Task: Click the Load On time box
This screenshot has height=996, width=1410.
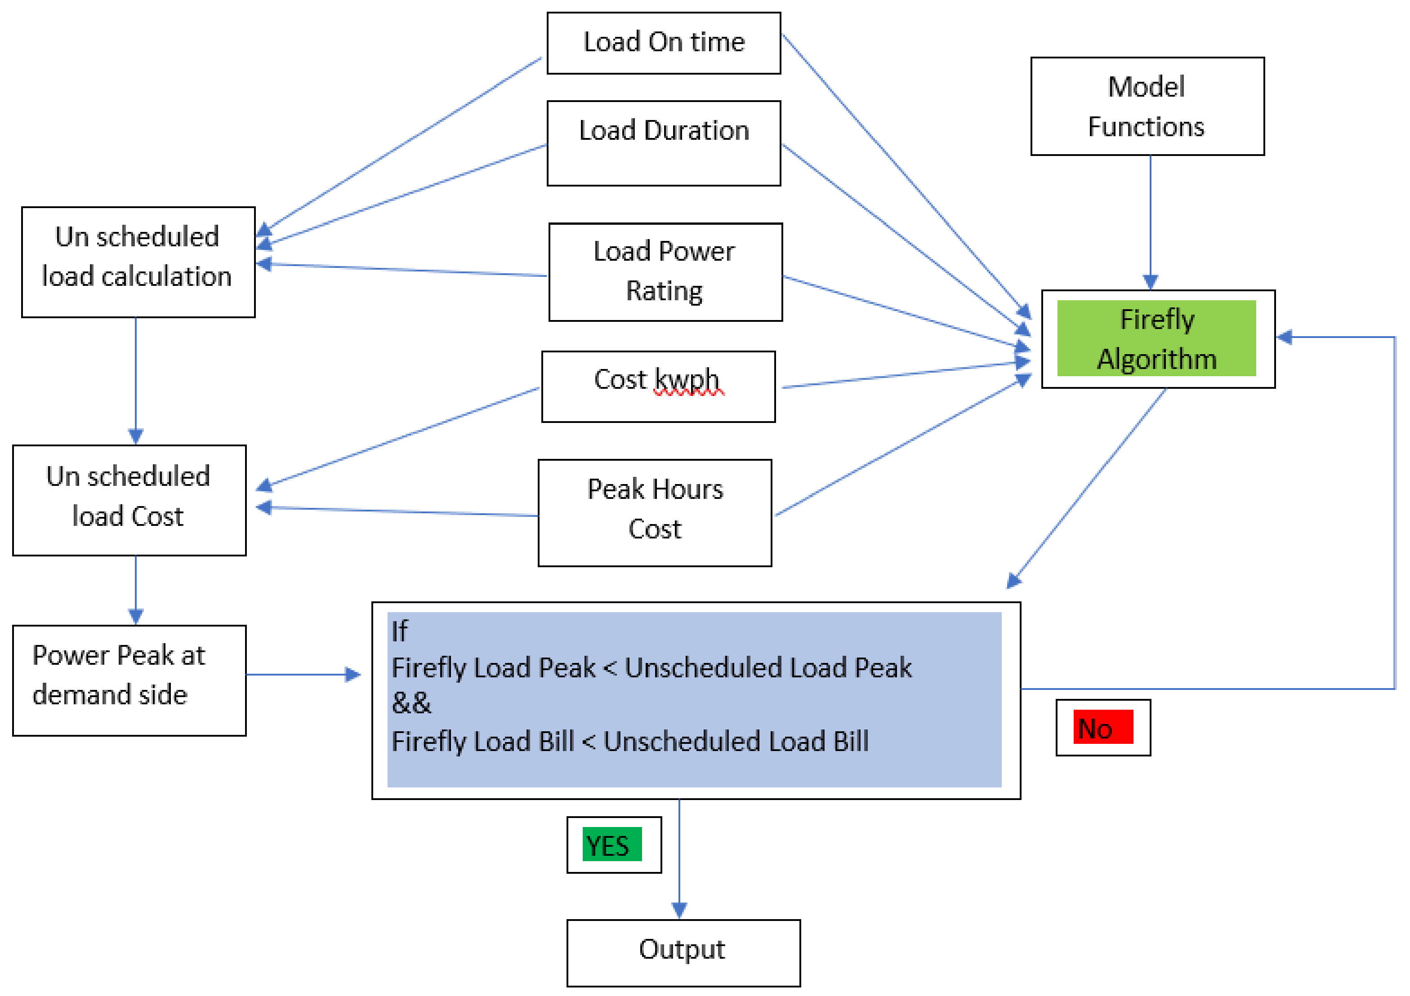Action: point(663,43)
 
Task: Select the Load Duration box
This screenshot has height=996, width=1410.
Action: point(663,142)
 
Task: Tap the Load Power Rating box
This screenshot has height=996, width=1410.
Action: point(665,271)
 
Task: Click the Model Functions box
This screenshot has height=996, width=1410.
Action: point(1147,106)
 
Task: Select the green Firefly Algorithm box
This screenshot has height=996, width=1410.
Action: point(1157,338)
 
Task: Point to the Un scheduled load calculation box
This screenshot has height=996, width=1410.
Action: point(138,262)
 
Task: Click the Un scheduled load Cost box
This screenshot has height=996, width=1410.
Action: point(129,500)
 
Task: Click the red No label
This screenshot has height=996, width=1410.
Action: point(1102,727)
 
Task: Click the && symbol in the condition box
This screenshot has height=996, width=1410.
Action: point(411,703)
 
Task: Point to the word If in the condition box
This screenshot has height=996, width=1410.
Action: point(399,631)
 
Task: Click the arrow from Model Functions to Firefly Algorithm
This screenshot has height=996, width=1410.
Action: point(1150,221)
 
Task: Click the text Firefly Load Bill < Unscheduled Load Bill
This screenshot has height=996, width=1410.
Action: point(629,741)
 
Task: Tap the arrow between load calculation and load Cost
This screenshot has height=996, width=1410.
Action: point(136,378)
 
